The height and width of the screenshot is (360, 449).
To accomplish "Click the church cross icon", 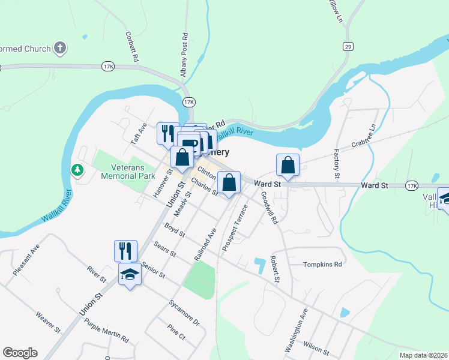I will click(59, 47).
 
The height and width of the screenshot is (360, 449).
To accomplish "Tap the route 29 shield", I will click(348, 46).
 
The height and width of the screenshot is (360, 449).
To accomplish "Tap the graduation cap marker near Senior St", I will click(130, 275).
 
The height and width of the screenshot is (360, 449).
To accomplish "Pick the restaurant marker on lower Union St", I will click(126, 251).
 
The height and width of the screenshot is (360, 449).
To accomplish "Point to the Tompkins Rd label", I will click(322, 264).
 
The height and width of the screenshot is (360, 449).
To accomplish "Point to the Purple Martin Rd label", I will click(107, 331).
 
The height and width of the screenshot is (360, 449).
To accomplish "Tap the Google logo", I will click(20, 353).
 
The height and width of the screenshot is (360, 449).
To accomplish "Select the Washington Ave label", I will click(296, 331).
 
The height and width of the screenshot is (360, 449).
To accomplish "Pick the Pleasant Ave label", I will click(26, 260).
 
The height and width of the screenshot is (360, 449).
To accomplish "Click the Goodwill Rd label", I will click(269, 208).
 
